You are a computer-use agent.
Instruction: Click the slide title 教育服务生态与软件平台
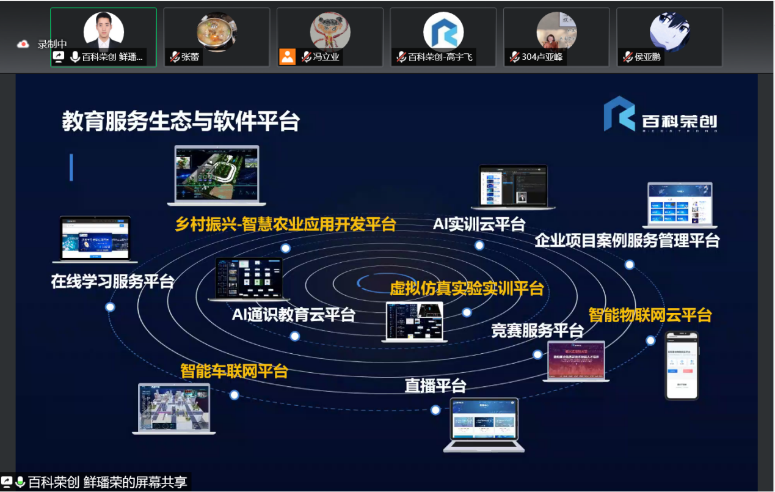click(x=181, y=121)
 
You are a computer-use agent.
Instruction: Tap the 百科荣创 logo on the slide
click(x=660, y=114)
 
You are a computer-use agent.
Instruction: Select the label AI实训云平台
click(x=479, y=224)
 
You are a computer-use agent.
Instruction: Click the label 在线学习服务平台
click(x=113, y=281)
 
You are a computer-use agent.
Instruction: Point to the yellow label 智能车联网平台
click(x=234, y=371)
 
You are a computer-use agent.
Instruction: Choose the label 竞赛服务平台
click(x=537, y=331)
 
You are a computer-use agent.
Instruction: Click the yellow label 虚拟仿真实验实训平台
click(x=467, y=288)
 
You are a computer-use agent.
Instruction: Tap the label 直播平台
click(x=435, y=386)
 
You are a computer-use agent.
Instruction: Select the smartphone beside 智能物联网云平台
click(x=682, y=365)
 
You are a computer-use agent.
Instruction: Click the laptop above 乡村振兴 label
click(x=217, y=175)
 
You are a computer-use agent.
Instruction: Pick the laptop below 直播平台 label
click(x=484, y=424)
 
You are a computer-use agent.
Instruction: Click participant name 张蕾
click(x=191, y=57)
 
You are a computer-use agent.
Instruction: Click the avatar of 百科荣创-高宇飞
click(x=443, y=31)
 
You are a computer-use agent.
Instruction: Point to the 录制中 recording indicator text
click(x=52, y=44)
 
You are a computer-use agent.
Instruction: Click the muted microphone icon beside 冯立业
click(x=306, y=57)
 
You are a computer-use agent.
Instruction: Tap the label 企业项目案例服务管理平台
click(x=627, y=240)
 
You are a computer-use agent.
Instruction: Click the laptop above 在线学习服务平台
click(x=95, y=239)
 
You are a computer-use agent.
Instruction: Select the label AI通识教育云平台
click(x=293, y=315)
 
